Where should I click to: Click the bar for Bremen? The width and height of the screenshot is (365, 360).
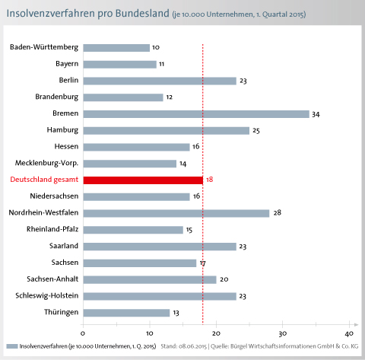(196, 114)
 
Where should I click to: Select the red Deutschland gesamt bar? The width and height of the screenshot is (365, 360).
(143, 180)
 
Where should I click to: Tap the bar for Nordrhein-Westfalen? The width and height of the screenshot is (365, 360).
(176, 213)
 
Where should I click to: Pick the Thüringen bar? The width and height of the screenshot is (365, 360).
(126, 313)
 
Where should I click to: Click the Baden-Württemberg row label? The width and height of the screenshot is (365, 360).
(44, 47)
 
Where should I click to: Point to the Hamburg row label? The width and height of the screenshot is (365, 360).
(62, 130)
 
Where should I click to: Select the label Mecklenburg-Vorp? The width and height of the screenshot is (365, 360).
(47, 163)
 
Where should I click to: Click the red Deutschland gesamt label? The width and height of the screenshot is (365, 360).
(44, 180)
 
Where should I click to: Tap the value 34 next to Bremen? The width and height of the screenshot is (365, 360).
(316, 114)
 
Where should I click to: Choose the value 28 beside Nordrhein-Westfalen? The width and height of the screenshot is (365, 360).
(278, 212)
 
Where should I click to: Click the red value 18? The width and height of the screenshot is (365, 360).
(210, 180)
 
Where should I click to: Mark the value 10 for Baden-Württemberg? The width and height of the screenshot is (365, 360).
(156, 47)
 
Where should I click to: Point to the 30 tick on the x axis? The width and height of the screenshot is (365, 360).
(283, 333)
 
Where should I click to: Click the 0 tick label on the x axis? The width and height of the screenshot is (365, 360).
(83, 333)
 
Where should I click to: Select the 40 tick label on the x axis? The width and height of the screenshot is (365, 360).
(349, 333)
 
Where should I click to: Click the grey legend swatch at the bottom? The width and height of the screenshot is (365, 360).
(12, 346)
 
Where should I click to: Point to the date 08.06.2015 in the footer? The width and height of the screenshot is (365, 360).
(192, 346)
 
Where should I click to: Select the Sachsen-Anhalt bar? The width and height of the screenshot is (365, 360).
(150, 279)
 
